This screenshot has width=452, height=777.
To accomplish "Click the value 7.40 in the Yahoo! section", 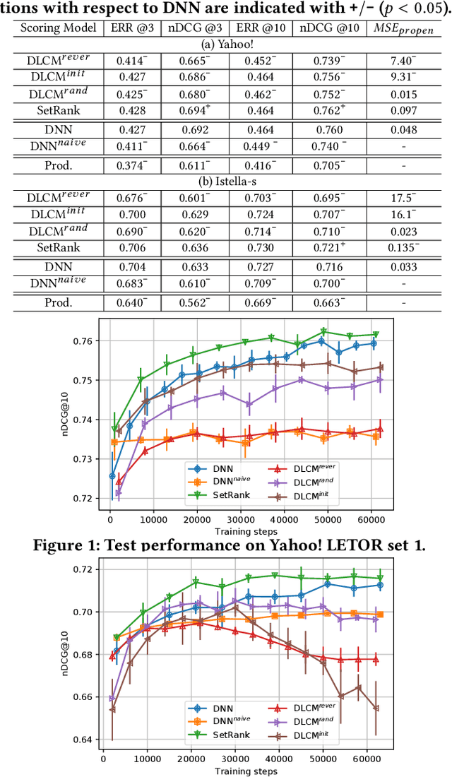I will click(403, 61).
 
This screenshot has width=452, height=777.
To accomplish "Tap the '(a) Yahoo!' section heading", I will click(226, 45).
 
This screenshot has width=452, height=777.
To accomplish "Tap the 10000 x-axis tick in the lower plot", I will click(147, 759).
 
